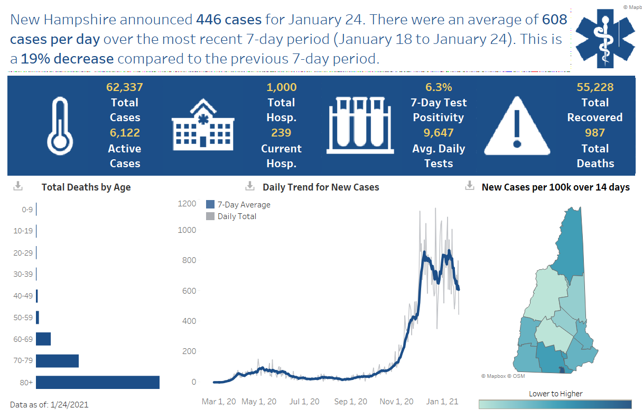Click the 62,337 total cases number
125,87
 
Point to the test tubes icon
359,125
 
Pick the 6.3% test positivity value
439,87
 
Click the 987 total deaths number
595,133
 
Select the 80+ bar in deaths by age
98,382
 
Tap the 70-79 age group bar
58,361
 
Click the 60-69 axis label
23,339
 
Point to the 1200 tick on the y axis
187,204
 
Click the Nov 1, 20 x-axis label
396,402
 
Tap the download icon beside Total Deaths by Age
18,186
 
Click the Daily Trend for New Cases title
321,187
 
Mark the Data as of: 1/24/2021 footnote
49,405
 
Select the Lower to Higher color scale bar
555,404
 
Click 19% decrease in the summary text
67,59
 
